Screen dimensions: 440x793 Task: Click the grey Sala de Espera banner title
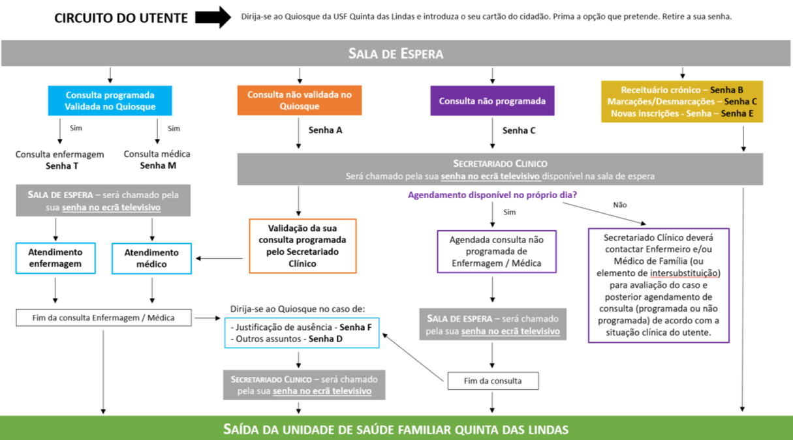point(396,53)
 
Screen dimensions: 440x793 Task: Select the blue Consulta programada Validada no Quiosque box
point(110,101)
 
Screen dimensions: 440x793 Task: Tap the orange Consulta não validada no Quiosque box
point(300,100)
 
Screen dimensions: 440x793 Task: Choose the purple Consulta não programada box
point(492,101)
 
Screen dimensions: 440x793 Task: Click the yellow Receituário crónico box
point(681,102)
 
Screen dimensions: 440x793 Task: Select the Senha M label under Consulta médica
point(158,166)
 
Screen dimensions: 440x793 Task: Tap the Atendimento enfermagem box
point(55,258)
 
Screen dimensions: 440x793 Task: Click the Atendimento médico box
point(151,259)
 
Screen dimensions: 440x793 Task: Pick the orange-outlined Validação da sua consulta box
point(302,246)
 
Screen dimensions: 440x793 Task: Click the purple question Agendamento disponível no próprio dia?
point(492,195)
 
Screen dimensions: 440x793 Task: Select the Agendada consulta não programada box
point(497,252)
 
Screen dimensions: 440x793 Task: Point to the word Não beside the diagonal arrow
point(619,205)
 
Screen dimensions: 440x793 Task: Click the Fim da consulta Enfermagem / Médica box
point(104,317)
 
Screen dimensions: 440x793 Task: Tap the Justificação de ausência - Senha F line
point(301,327)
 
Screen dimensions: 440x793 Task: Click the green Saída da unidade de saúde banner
point(396,429)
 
